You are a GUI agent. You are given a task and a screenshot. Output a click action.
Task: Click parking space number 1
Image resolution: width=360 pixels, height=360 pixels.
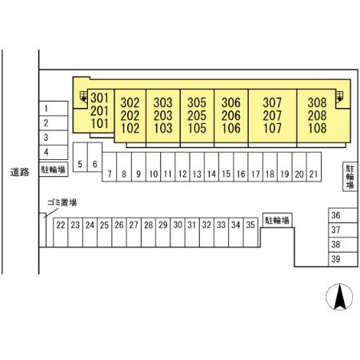click(x=54, y=109)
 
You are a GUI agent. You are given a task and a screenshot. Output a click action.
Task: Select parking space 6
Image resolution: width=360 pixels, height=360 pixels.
click(x=94, y=157)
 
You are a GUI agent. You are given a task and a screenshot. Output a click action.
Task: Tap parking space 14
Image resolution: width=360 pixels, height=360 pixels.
click(x=211, y=167)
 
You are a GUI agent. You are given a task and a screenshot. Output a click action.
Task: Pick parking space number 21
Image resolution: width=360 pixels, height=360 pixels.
click(x=314, y=167)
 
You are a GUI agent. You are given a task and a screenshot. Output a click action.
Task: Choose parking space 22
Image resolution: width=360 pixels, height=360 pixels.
click(x=61, y=232)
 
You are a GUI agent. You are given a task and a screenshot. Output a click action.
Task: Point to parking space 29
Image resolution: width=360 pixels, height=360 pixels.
click(x=163, y=232)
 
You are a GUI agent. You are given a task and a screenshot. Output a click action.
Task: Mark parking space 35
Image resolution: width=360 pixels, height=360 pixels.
click(x=250, y=232)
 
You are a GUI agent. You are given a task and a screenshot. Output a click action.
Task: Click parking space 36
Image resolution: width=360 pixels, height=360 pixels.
click(x=343, y=215)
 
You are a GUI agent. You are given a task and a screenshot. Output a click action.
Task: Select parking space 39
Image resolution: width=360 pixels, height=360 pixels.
click(x=343, y=259)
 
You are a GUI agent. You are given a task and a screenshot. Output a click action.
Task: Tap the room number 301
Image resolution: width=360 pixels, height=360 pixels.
click(x=99, y=98)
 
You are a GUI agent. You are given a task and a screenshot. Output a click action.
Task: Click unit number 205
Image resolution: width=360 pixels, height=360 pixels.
click(x=197, y=115)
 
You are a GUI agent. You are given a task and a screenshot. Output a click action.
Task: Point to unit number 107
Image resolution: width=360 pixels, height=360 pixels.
click(x=272, y=128)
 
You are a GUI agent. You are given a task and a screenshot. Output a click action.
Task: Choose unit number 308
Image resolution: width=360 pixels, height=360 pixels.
click(x=317, y=102)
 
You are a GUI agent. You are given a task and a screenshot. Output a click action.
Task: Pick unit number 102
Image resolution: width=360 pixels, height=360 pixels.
click(x=130, y=128)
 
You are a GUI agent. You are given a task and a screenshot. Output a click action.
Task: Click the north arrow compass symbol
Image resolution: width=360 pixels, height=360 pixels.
click(x=339, y=297)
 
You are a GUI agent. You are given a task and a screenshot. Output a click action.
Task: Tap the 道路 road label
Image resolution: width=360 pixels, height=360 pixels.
click(x=20, y=172)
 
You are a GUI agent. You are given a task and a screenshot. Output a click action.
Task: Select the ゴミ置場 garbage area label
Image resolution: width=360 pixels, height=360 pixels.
click(x=62, y=202)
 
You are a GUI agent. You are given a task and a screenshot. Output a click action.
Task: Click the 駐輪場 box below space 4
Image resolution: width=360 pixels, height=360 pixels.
click(x=54, y=170)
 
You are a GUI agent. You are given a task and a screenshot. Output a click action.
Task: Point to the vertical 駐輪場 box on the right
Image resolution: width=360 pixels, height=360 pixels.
click(x=350, y=177)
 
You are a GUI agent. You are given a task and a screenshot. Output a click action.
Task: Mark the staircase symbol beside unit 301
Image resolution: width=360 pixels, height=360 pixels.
click(x=83, y=97)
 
